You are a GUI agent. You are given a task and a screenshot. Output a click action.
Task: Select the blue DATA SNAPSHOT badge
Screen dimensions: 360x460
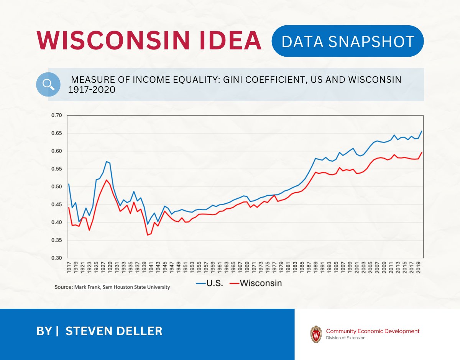(x=347, y=41)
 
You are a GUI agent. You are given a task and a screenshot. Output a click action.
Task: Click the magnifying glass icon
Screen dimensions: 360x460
(x=48, y=84)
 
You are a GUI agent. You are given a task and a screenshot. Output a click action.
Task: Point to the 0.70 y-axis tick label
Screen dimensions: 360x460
(x=56, y=115)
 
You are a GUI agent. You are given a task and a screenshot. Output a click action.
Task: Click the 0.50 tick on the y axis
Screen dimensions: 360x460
(x=56, y=187)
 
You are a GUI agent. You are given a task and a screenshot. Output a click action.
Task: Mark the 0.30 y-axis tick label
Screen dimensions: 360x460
(x=56, y=258)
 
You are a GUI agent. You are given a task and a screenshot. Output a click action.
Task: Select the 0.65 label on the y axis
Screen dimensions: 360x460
(x=56, y=133)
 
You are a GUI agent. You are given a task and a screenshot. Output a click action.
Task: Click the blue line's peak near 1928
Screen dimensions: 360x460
(x=107, y=161)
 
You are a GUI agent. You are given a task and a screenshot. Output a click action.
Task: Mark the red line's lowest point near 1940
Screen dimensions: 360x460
(x=148, y=235)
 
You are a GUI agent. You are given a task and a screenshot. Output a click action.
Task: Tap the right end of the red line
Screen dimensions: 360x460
(x=422, y=152)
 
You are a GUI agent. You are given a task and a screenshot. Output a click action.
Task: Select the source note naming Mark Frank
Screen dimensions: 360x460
(x=112, y=287)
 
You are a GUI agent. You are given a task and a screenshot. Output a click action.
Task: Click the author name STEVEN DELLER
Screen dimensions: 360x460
(x=114, y=331)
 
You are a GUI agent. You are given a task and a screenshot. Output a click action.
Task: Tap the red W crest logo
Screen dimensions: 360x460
(x=316, y=334)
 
